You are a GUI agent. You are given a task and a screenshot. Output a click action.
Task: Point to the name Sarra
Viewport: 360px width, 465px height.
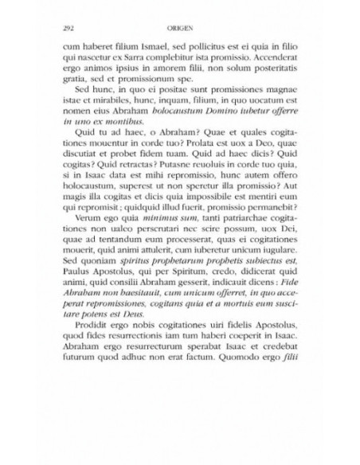pos(134,60)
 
